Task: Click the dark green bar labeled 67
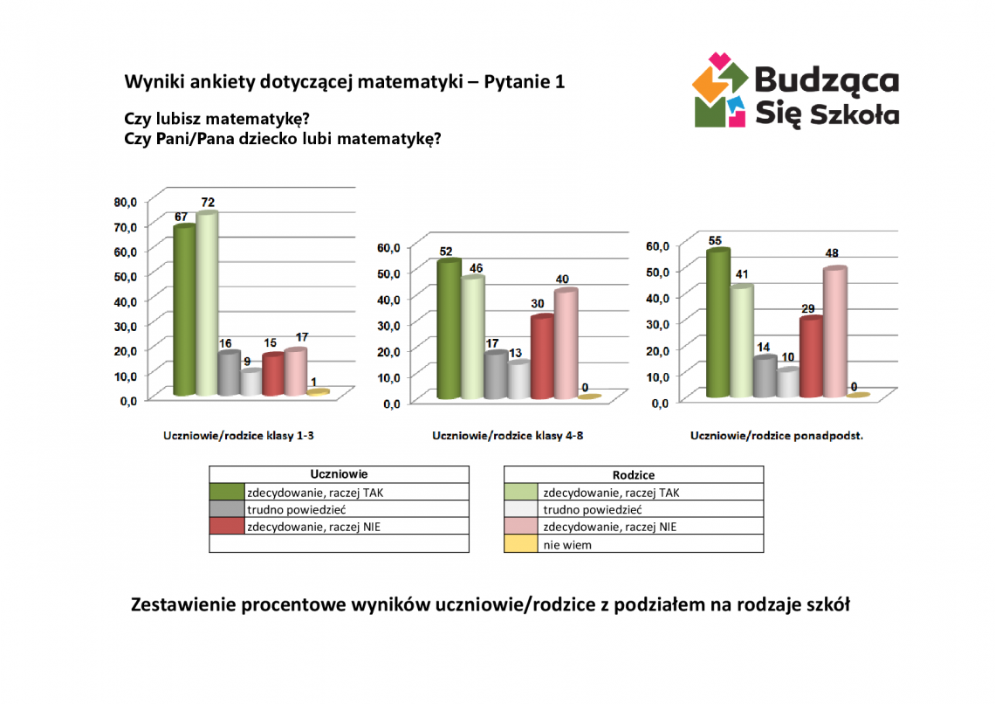(184, 310)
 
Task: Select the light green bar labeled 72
(206, 304)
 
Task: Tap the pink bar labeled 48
(834, 332)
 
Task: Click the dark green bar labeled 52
(449, 329)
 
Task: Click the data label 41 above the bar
(742, 273)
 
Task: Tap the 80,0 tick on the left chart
(127, 202)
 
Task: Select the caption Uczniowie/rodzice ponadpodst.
(776, 435)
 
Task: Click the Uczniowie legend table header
(339, 473)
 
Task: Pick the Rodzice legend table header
(634, 474)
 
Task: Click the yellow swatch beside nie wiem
(521, 544)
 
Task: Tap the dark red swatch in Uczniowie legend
(226, 527)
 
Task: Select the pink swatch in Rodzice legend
(521, 527)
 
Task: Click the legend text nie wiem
(567, 544)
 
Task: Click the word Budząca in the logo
(825, 80)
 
